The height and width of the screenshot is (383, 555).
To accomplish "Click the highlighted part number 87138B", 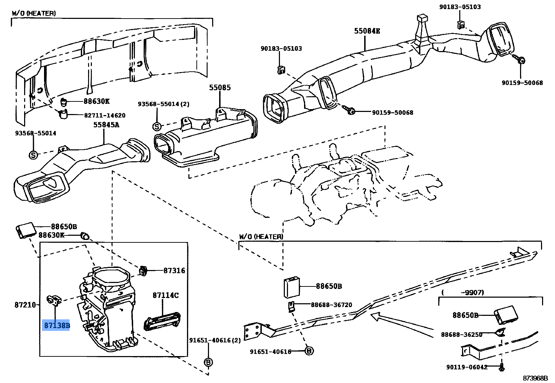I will click(x=56, y=326).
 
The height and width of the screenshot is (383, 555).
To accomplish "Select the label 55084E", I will click(x=367, y=31).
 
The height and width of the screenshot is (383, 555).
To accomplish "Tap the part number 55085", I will click(x=220, y=87).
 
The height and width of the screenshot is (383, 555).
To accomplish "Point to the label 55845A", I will click(x=106, y=125).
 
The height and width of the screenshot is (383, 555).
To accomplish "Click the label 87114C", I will click(x=165, y=295).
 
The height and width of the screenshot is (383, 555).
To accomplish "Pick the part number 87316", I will click(x=174, y=270).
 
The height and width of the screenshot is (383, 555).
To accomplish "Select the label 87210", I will click(x=25, y=305).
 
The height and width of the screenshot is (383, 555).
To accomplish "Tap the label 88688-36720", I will click(x=331, y=305).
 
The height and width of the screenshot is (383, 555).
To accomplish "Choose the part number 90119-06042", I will click(x=467, y=367).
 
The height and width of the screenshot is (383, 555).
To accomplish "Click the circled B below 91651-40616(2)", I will click(x=208, y=362).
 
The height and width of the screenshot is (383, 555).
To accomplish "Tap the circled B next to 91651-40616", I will click(x=309, y=350).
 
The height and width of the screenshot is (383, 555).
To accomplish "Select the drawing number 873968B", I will click(x=535, y=378).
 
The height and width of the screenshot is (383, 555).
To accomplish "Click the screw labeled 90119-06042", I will click(x=502, y=367).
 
